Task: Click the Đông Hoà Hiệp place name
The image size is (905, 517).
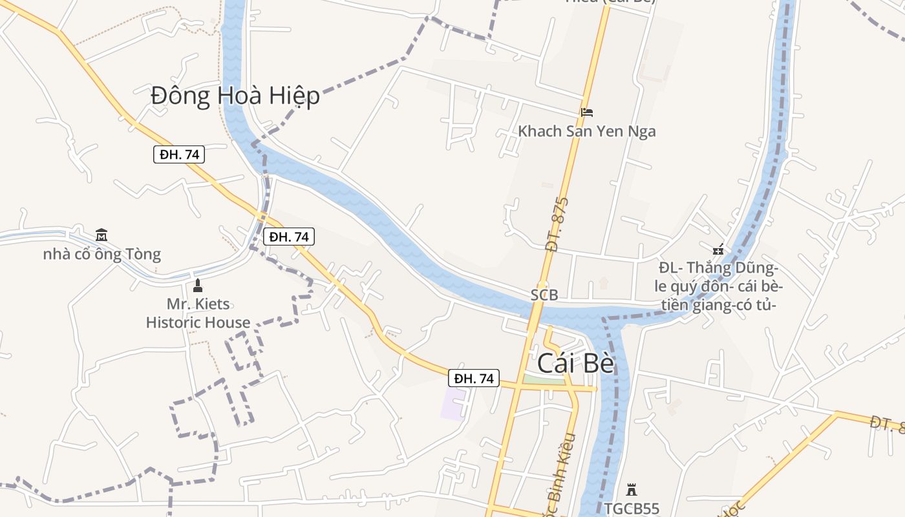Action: point(235,96)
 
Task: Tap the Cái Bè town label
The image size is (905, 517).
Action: point(575,364)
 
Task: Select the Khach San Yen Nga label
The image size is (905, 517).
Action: point(586,131)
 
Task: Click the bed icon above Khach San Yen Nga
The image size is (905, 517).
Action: point(586,112)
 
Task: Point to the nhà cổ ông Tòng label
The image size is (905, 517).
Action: point(101,254)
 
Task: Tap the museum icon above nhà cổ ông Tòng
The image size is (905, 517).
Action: point(101,235)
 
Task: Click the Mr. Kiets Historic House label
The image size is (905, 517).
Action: point(198,313)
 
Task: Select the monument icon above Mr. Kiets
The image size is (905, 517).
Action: point(198,286)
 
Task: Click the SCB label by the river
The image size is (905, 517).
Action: point(544,295)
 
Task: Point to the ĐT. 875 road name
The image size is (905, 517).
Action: point(556,224)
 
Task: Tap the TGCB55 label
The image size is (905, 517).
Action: point(632,509)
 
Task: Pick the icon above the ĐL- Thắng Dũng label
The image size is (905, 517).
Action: point(718,249)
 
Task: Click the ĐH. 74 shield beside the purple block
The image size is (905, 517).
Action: point(474,378)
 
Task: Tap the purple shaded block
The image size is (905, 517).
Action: point(453,405)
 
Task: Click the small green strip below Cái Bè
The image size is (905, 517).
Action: point(543,381)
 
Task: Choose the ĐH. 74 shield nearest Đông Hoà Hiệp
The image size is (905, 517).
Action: point(179,154)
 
